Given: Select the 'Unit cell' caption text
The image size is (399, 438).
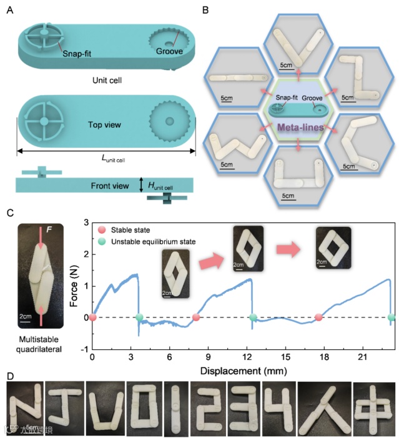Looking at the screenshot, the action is (105, 80).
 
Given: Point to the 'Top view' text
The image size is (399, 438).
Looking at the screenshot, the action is (105, 124).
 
